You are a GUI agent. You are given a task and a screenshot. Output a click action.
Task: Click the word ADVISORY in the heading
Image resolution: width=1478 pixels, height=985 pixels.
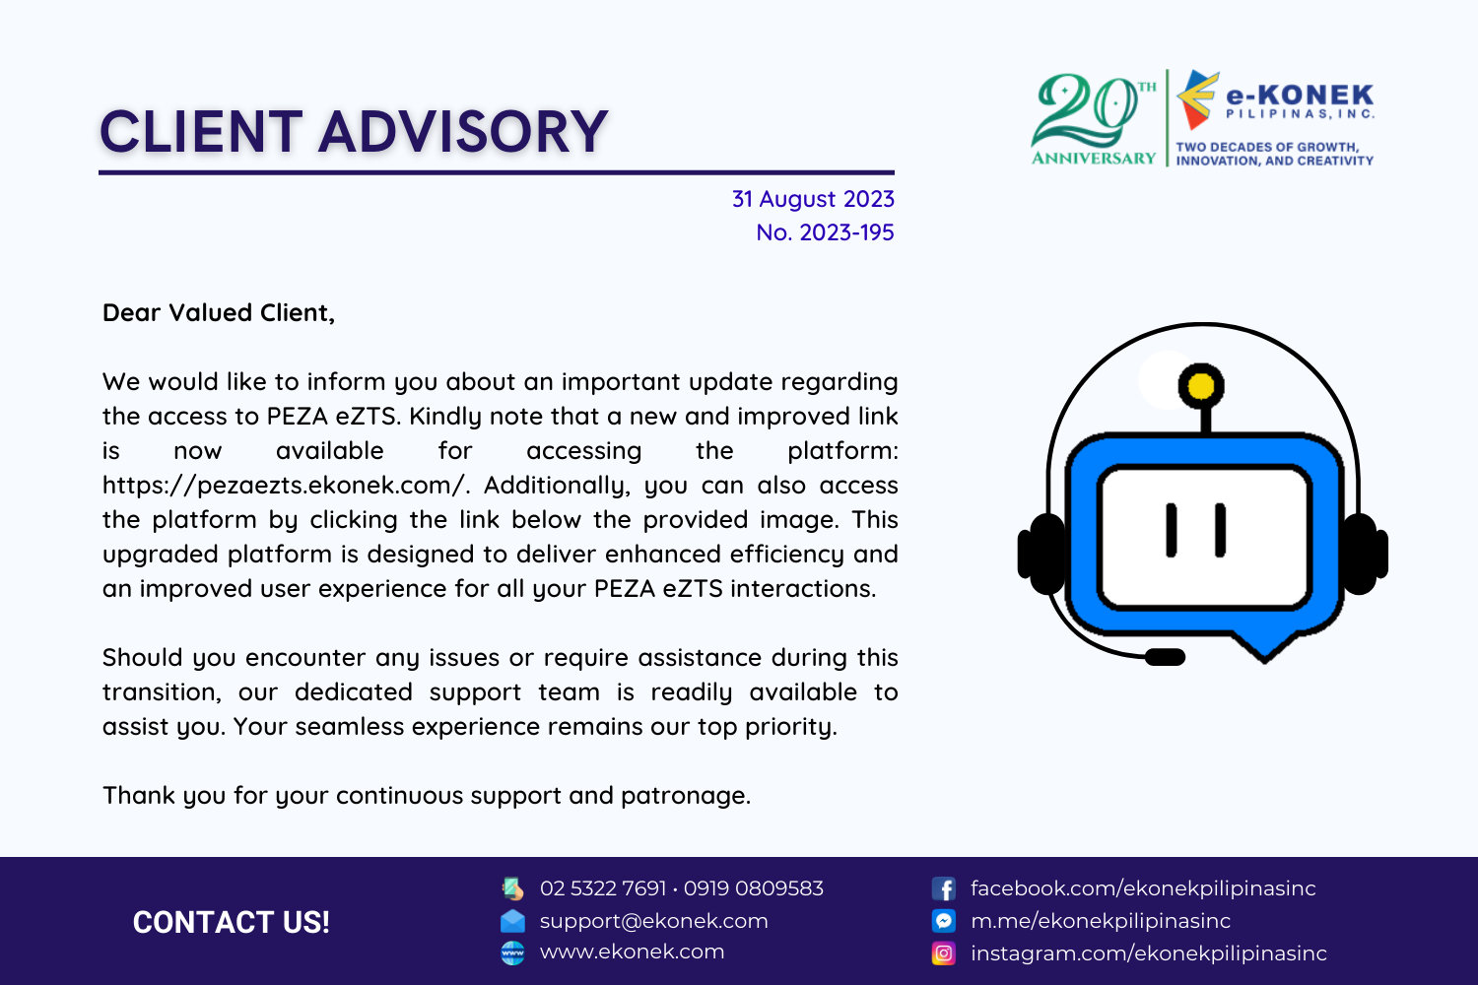point(462,132)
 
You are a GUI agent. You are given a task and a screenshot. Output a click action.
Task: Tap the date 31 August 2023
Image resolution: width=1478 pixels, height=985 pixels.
point(813,199)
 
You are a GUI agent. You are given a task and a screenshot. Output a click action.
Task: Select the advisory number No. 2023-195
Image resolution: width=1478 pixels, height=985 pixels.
point(825,232)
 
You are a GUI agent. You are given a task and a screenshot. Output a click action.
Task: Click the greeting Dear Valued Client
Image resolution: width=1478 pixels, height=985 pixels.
point(219,313)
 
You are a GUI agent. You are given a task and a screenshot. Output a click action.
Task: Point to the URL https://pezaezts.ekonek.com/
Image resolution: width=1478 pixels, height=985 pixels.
point(285,486)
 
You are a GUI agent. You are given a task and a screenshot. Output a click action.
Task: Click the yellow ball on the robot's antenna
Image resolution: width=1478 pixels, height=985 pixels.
point(1201,386)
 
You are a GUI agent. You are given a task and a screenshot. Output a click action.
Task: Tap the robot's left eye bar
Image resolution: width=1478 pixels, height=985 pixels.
point(1172,531)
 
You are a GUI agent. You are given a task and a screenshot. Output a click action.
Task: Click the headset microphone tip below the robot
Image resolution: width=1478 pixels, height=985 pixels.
point(1166,657)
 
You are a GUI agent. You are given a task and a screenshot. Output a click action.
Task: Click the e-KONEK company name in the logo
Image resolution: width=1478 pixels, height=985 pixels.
point(1300,96)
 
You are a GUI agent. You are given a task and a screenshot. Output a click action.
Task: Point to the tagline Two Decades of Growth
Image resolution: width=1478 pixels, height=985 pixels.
point(1267,147)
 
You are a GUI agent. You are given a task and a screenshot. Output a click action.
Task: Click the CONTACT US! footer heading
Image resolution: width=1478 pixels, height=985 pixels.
point(231,922)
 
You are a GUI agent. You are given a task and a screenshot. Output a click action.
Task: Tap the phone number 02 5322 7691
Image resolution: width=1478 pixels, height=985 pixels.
point(603,888)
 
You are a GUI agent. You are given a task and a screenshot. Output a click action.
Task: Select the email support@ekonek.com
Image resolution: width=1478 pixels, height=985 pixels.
point(654,921)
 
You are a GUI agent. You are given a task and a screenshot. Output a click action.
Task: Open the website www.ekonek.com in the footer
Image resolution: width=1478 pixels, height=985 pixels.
point(633,952)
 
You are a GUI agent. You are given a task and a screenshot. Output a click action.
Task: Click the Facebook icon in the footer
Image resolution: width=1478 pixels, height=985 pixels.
point(944,888)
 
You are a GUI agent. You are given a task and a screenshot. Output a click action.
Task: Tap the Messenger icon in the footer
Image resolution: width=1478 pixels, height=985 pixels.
point(944,921)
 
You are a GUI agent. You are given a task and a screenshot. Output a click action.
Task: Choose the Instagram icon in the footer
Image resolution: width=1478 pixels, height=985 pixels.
point(944,953)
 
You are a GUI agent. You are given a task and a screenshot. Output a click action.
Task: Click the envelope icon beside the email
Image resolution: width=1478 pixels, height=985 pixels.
point(512,921)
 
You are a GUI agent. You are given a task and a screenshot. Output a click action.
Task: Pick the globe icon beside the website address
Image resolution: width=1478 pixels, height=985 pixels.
point(512,953)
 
